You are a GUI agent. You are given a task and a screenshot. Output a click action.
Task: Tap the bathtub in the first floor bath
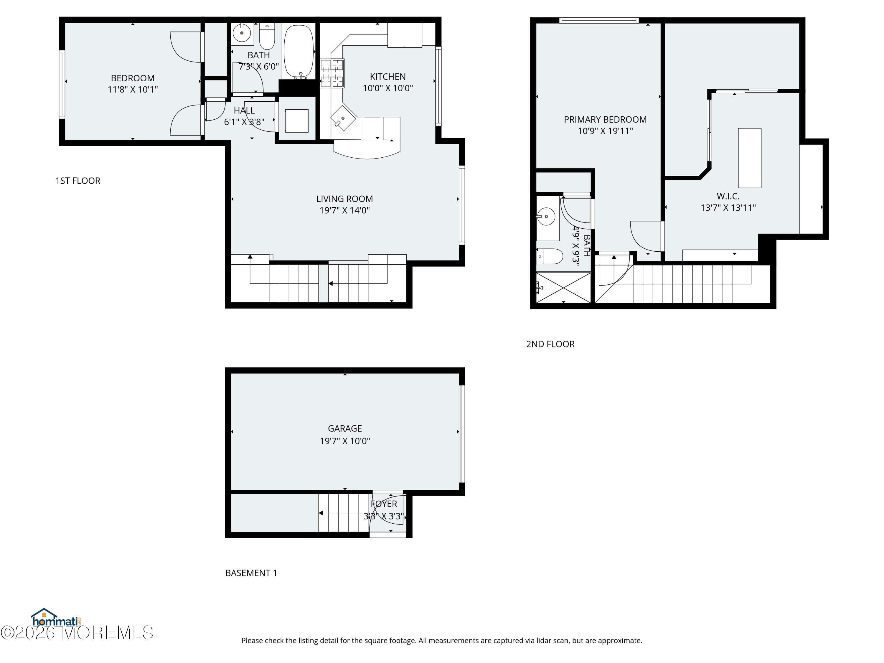(x=298, y=51)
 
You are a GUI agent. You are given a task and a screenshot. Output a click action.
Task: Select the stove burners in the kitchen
(x=332, y=73)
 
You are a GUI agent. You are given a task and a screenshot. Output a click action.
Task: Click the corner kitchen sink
(x=343, y=118)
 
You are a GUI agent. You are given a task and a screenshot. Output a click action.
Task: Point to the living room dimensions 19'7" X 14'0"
(x=344, y=210)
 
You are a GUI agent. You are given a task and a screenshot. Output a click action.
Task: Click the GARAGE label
(x=344, y=428)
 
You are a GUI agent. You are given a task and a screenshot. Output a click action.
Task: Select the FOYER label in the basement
(x=384, y=504)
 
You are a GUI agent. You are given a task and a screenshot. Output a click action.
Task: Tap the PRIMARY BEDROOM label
(x=605, y=120)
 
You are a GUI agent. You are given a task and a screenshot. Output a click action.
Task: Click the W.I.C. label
(x=728, y=196)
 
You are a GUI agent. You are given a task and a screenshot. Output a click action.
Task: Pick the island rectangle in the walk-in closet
(x=749, y=158)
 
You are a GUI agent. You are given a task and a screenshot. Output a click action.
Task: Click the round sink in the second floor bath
(x=546, y=217)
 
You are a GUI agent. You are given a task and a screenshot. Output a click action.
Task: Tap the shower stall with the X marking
(x=563, y=287)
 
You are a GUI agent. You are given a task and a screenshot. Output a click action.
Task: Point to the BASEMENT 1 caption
(x=251, y=573)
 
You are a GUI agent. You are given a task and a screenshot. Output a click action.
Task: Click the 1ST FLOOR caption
(x=77, y=181)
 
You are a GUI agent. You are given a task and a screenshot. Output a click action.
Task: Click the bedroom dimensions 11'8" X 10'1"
(x=133, y=90)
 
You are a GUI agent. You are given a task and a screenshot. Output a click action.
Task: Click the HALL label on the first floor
(x=244, y=111)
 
